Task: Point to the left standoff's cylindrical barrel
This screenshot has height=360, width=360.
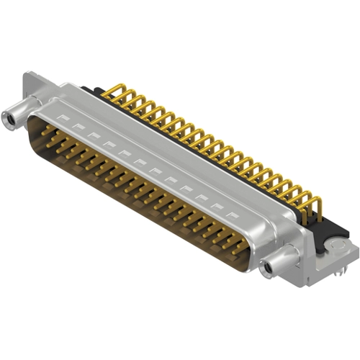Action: pos(19,116)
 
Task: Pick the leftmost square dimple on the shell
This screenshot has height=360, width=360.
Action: pos(63,116)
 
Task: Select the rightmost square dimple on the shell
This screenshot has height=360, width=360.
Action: pos(230,214)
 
